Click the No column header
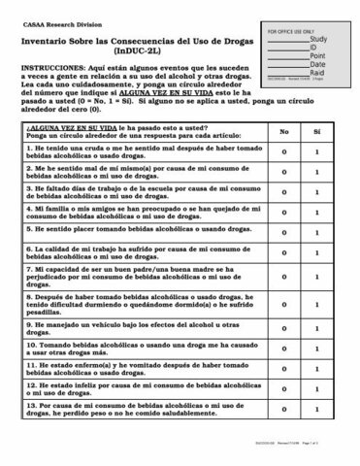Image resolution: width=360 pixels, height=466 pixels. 283,158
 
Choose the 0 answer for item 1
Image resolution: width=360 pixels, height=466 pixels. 283,181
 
